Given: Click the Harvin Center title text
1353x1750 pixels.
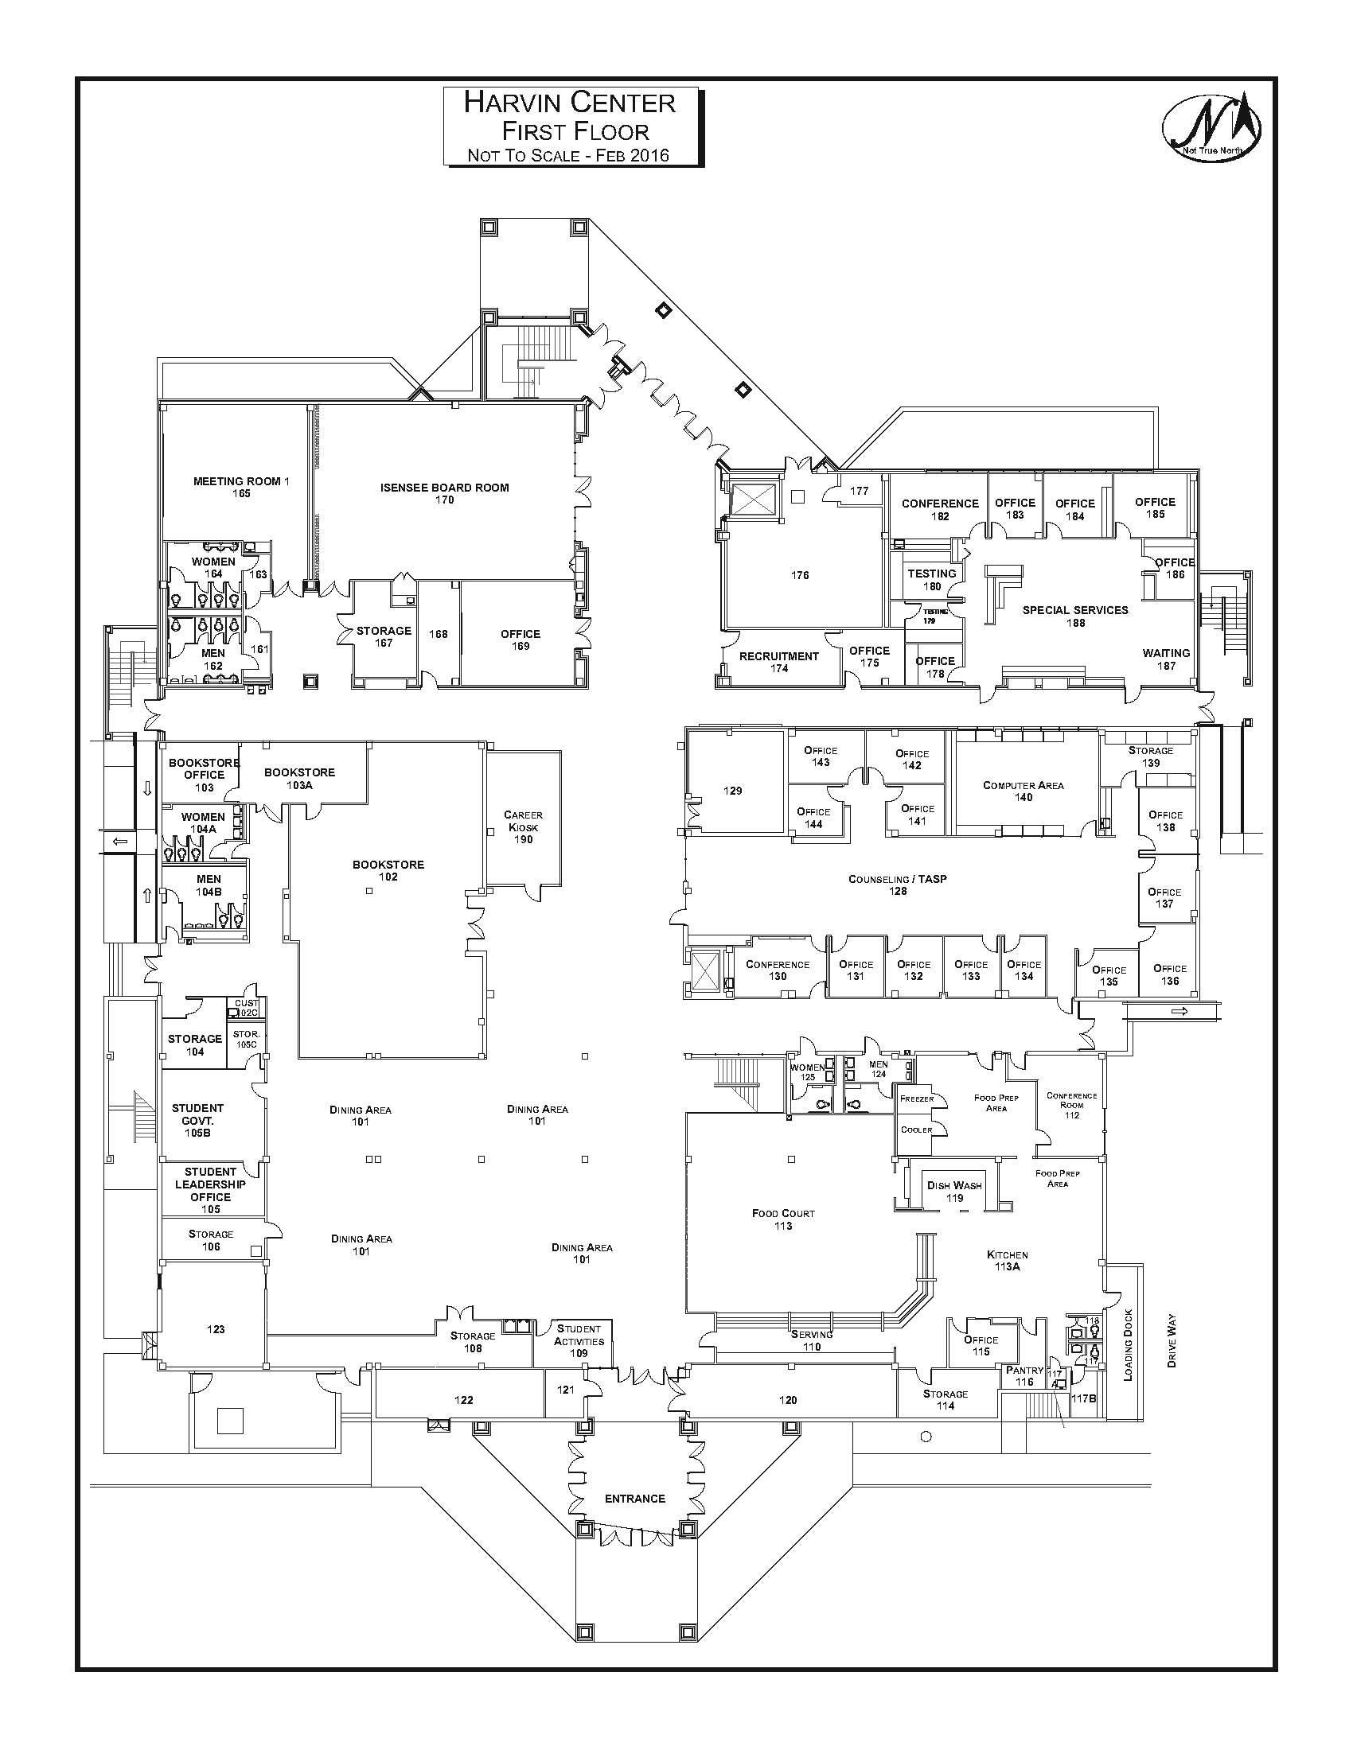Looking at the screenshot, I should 570,103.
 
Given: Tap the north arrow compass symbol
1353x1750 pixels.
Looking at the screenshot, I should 1211,125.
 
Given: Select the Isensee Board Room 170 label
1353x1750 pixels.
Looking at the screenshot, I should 444,494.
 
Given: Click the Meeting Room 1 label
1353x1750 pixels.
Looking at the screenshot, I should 240,487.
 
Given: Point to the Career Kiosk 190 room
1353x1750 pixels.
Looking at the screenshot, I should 523,827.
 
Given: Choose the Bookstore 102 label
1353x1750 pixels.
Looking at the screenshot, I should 388,870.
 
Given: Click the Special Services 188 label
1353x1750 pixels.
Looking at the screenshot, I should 1075,616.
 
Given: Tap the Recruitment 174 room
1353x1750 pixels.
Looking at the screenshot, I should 778,662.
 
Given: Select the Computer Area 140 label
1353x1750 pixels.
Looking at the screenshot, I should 1023,791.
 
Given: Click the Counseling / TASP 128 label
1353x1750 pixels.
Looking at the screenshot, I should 898,885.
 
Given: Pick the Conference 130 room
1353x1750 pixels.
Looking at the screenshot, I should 778,970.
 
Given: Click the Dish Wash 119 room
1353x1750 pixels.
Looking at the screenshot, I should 953,1192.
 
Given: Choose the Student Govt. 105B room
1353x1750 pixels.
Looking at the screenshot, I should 197,1120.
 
